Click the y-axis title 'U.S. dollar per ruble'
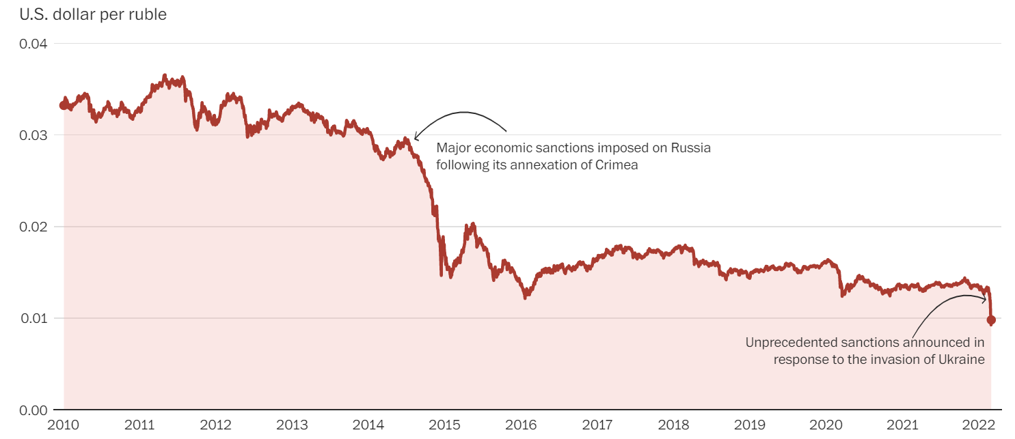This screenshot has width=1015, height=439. click(93, 14)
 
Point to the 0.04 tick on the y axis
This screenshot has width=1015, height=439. click(33, 44)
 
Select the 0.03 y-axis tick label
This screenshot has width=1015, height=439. click(33, 135)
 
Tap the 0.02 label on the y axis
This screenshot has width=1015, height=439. click(33, 227)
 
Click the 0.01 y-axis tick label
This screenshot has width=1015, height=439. click(33, 318)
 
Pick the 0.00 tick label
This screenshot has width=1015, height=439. click(33, 410)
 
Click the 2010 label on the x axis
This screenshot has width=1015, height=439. click(64, 425)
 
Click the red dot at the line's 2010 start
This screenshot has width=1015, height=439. click(64, 105)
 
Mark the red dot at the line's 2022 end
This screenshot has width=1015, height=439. click(991, 320)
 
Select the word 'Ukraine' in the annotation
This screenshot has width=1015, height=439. click(964, 359)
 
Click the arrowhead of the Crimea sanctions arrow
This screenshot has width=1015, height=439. click(415, 139)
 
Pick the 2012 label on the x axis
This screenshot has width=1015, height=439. click(217, 425)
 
